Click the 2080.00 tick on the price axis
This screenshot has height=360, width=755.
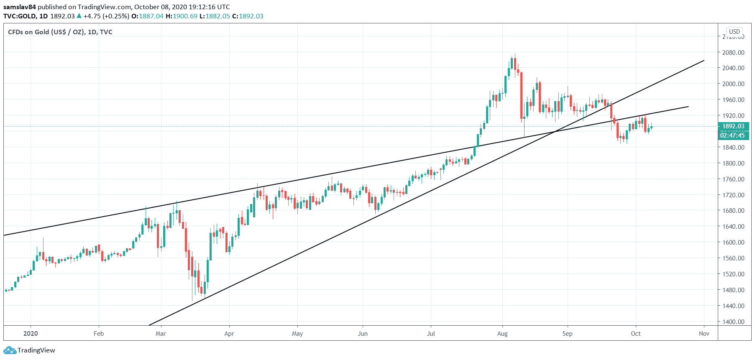pos(733,52)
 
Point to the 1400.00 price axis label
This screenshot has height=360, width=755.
pos(733,322)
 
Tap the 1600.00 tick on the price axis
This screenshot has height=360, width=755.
pos(733,242)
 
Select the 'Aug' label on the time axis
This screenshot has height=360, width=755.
pos(502,333)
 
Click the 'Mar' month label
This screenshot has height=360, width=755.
pos(161,333)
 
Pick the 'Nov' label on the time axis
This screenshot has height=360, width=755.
pos(704,333)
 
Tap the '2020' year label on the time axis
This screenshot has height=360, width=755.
pos(31,333)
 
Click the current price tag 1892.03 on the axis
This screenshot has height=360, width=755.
pos(733,126)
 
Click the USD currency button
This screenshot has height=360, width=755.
pos(734,32)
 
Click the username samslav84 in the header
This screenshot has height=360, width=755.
pos(20,7)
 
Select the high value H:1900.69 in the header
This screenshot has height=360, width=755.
pos(181,16)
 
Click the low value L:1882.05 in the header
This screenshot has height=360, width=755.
pos(214,16)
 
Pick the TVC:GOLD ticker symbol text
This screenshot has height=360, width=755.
pos(20,16)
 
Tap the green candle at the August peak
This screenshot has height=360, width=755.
pos(512,63)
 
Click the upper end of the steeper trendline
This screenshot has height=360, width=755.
pos(704,61)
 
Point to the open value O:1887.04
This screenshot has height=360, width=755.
pos(147,16)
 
